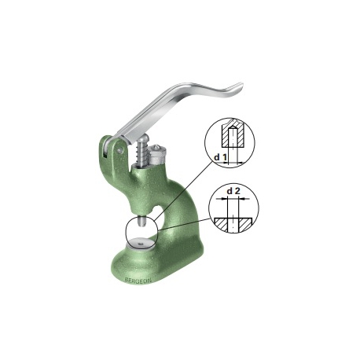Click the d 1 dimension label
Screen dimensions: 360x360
220,157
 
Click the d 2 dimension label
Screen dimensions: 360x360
233,191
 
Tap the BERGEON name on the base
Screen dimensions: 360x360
138,280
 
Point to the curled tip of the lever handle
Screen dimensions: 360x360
239,86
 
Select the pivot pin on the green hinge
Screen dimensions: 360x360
119,150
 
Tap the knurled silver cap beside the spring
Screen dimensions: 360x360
157,155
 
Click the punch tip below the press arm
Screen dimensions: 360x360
141,222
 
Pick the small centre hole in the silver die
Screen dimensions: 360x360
141,244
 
